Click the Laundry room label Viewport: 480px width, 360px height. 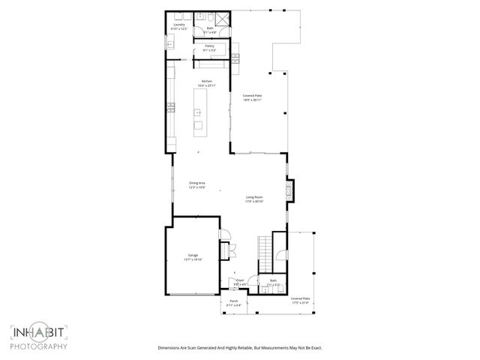click(178, 26)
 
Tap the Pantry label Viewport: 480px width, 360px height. click(210, 47)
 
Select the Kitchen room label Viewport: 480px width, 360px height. click(206, 82)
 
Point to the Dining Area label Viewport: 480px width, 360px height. click(197, 184)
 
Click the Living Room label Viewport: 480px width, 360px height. click(255, 199)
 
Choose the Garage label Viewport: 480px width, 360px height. click(193, 258)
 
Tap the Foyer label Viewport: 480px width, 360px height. click(240, 283)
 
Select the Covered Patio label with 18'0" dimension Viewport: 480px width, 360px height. click(252, 97)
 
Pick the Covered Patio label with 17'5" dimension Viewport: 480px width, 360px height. click(301, 300)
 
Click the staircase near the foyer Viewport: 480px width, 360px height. click(264, 246)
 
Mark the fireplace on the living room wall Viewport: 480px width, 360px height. click(291, 190)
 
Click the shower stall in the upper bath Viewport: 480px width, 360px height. click(223, 19)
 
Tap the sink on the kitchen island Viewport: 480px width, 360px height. click(198, 112)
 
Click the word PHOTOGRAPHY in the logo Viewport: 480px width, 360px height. click(39, 346)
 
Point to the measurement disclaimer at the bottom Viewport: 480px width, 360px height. click(239, 348)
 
